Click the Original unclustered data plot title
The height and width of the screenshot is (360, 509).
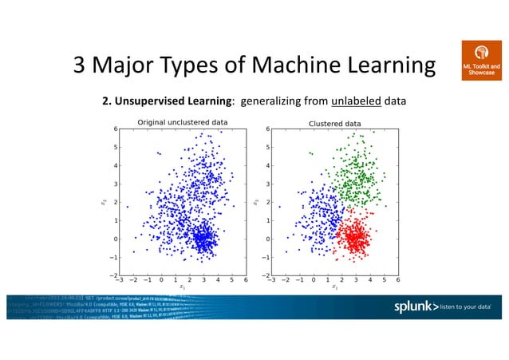[183, 122]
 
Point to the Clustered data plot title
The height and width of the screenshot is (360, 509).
[334, 123]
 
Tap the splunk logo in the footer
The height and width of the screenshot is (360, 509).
[420, 307]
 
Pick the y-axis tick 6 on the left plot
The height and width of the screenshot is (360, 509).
[115, 129]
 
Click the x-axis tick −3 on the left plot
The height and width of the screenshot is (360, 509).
[119, 280]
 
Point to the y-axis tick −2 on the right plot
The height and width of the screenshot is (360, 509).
[265, 275]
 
